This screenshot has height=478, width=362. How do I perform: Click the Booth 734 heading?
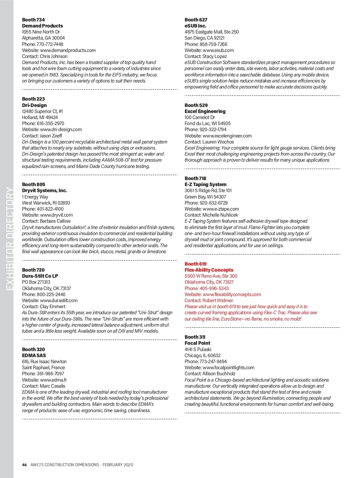point(33,20)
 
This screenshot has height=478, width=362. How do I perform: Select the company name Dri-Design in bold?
point(34,105)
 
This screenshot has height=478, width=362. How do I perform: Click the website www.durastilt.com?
point(59,300)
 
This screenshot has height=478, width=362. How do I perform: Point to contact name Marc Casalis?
point(52,386)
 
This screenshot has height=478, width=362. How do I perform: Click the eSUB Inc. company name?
point(195,26)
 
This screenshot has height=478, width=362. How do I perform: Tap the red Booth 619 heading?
point(195,264)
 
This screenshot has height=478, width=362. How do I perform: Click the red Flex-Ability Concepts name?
point(209,270)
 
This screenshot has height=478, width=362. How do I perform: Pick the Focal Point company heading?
point(197,343)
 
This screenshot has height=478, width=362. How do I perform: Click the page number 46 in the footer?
point(24,465)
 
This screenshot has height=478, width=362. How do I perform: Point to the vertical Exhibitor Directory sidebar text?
point(10,239)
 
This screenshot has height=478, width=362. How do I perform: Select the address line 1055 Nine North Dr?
point(41,32)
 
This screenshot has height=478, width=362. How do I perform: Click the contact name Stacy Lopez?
point(214,56)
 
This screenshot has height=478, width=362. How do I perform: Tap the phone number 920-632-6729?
point(214,203)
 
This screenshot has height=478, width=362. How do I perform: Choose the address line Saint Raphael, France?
point(43,367)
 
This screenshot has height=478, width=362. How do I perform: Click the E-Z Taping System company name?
point(205,184)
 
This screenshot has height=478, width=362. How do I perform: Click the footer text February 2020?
point(118,465)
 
